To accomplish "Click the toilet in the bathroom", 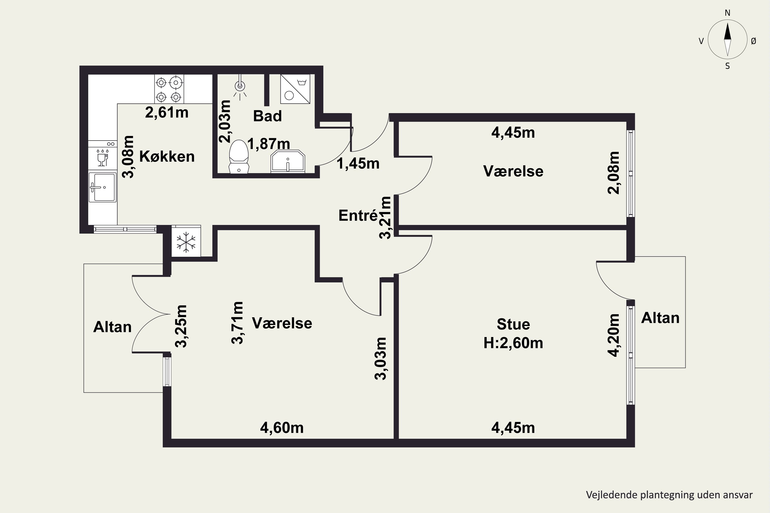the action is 239,156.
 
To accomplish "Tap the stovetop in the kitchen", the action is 169,89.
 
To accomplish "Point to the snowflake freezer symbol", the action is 186,242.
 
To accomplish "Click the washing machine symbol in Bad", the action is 295,89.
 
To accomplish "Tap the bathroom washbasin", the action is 288,162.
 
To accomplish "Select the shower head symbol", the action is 240,87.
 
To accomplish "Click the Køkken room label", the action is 167,156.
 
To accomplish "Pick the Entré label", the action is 358,215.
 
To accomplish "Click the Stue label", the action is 513,324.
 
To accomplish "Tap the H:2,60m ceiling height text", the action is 513,343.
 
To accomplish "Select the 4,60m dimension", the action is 282,428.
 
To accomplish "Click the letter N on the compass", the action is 727,13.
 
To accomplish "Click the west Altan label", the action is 112,327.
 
